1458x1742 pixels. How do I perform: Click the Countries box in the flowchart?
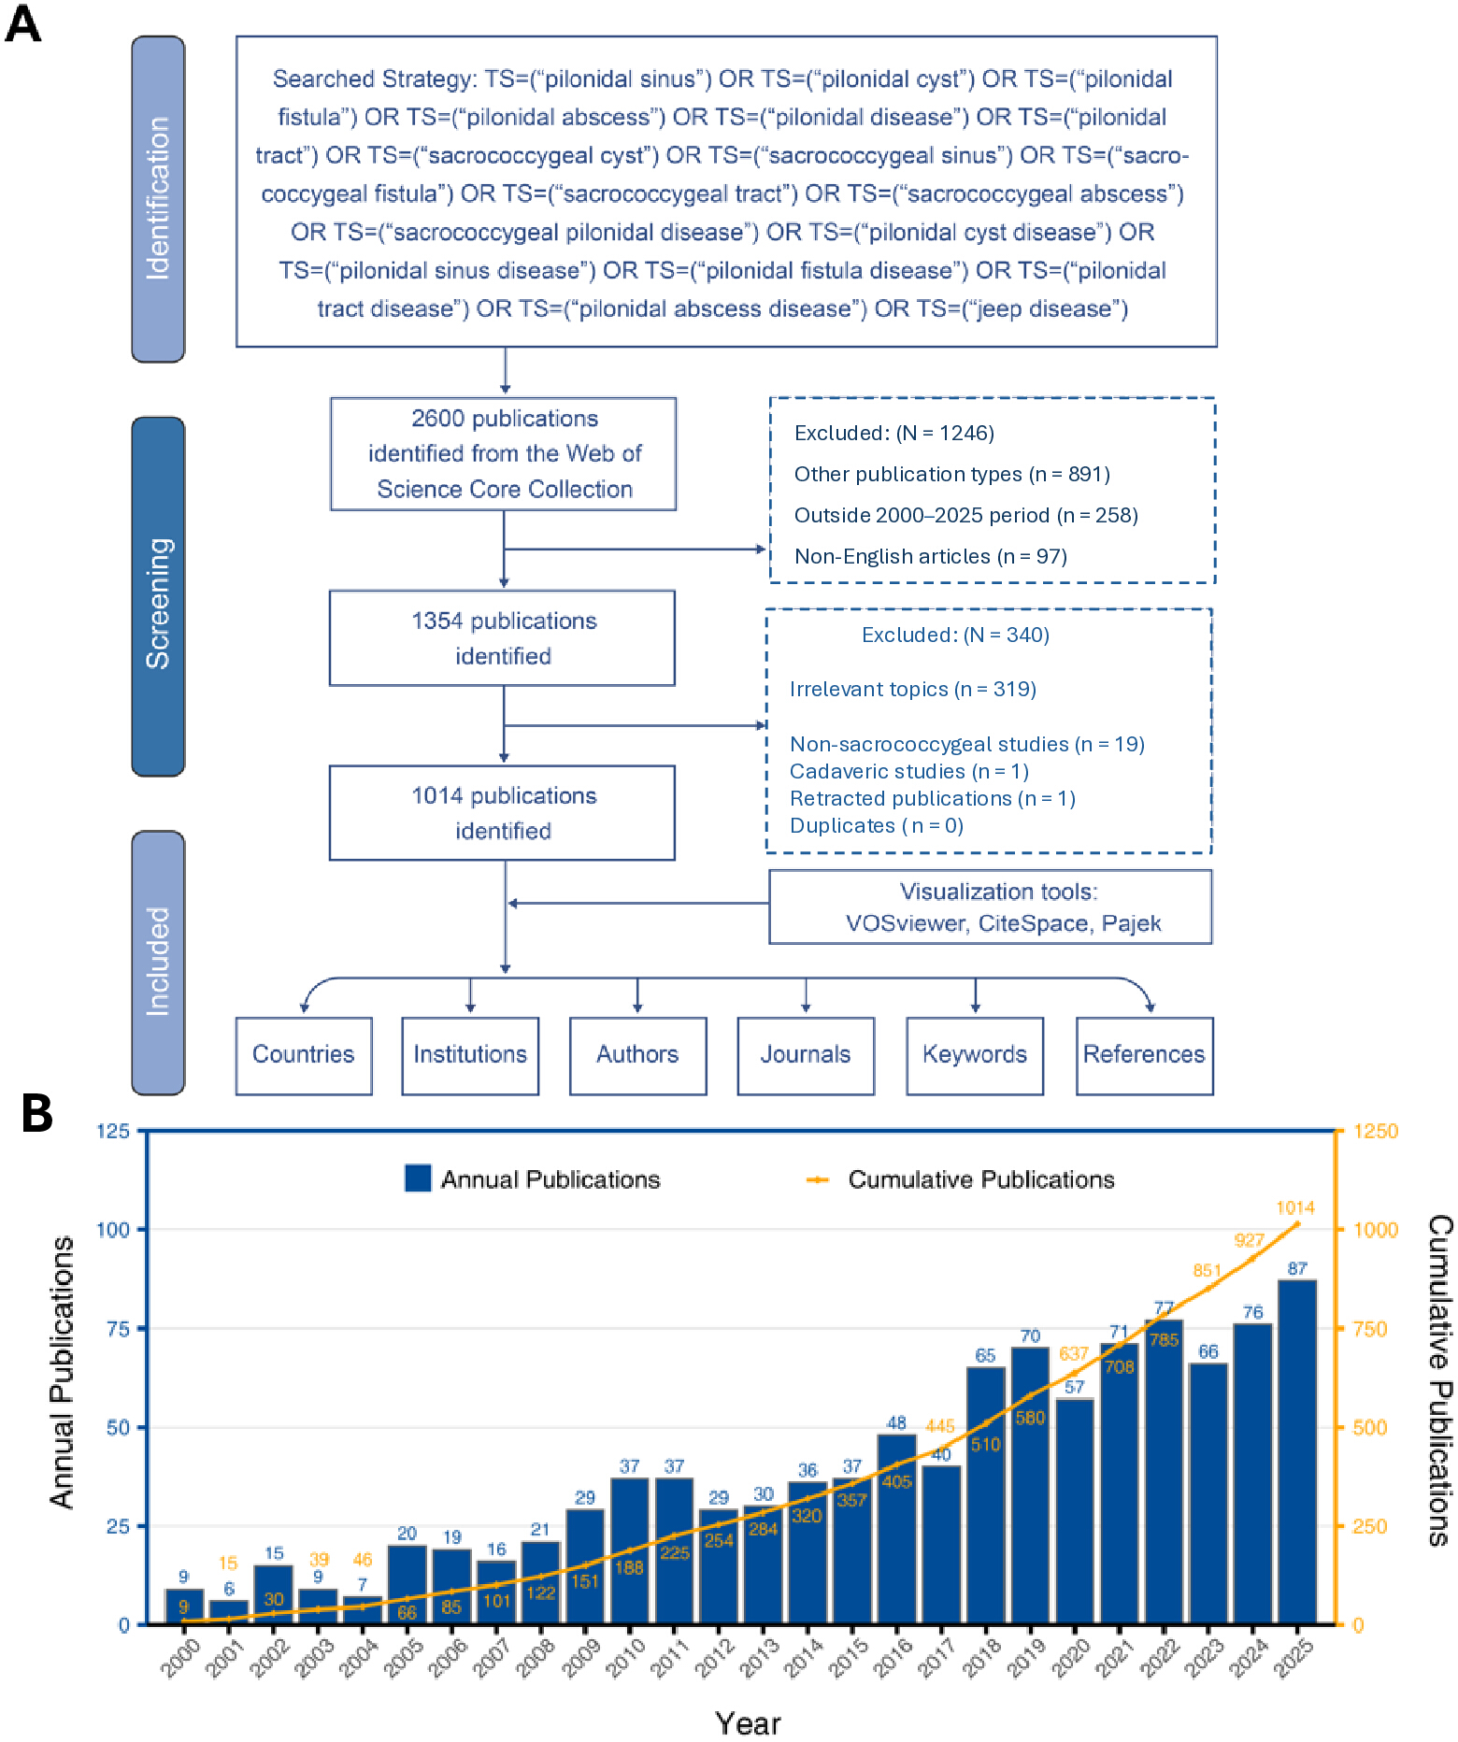(x=304, y=1055)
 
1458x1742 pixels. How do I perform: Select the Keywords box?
(x=975, y=1055)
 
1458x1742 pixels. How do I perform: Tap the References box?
(x=1145, y=1055)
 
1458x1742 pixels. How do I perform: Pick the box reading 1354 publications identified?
(x=503, y=638)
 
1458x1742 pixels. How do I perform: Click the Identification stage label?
(x=158, y=199)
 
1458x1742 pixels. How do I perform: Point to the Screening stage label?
(x=158, y=596)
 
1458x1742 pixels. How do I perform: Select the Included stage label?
(x=158, y=963)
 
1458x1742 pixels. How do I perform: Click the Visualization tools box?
(x=991, y=907)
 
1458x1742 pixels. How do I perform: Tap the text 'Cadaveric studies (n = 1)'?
(x=908, y=771)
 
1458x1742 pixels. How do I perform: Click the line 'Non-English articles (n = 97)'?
(x=931, y=556)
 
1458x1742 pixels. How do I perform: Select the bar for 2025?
(x=1297, y=1452)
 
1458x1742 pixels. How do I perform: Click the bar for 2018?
(x=986, y=1495)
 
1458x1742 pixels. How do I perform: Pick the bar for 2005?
(x=407, y=1584)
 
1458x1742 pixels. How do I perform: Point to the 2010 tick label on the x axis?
(x=626, y=1658)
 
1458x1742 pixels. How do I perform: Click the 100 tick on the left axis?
(x=113, y=1229)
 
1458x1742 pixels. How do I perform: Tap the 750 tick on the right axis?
(x=1370, y=1329)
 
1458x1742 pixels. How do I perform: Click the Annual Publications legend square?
(x=418, y=1178)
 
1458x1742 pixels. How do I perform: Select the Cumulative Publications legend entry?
(x=961, y=1179)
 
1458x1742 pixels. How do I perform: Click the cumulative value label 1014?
(x=1295, y=1207)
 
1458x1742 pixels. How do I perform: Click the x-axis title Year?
(x=748, y=1723)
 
